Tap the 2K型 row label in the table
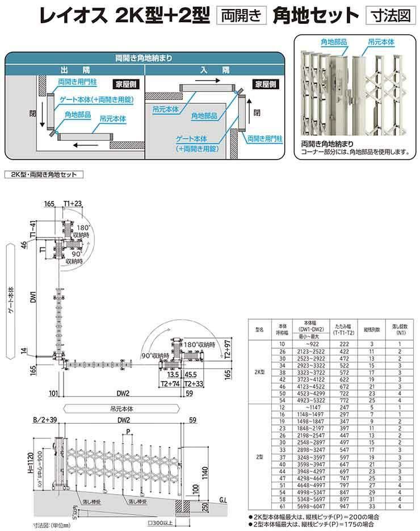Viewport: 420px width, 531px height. (260, 371)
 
